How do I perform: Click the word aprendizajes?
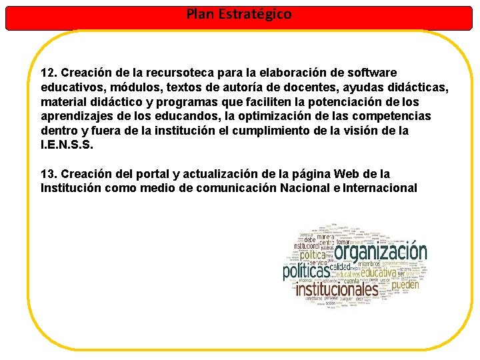(x=74, y=116)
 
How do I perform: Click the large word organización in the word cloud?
(x=380, y=252)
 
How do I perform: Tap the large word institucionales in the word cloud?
(x=337, y=289)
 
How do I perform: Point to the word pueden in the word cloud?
(x=405, y=285)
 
